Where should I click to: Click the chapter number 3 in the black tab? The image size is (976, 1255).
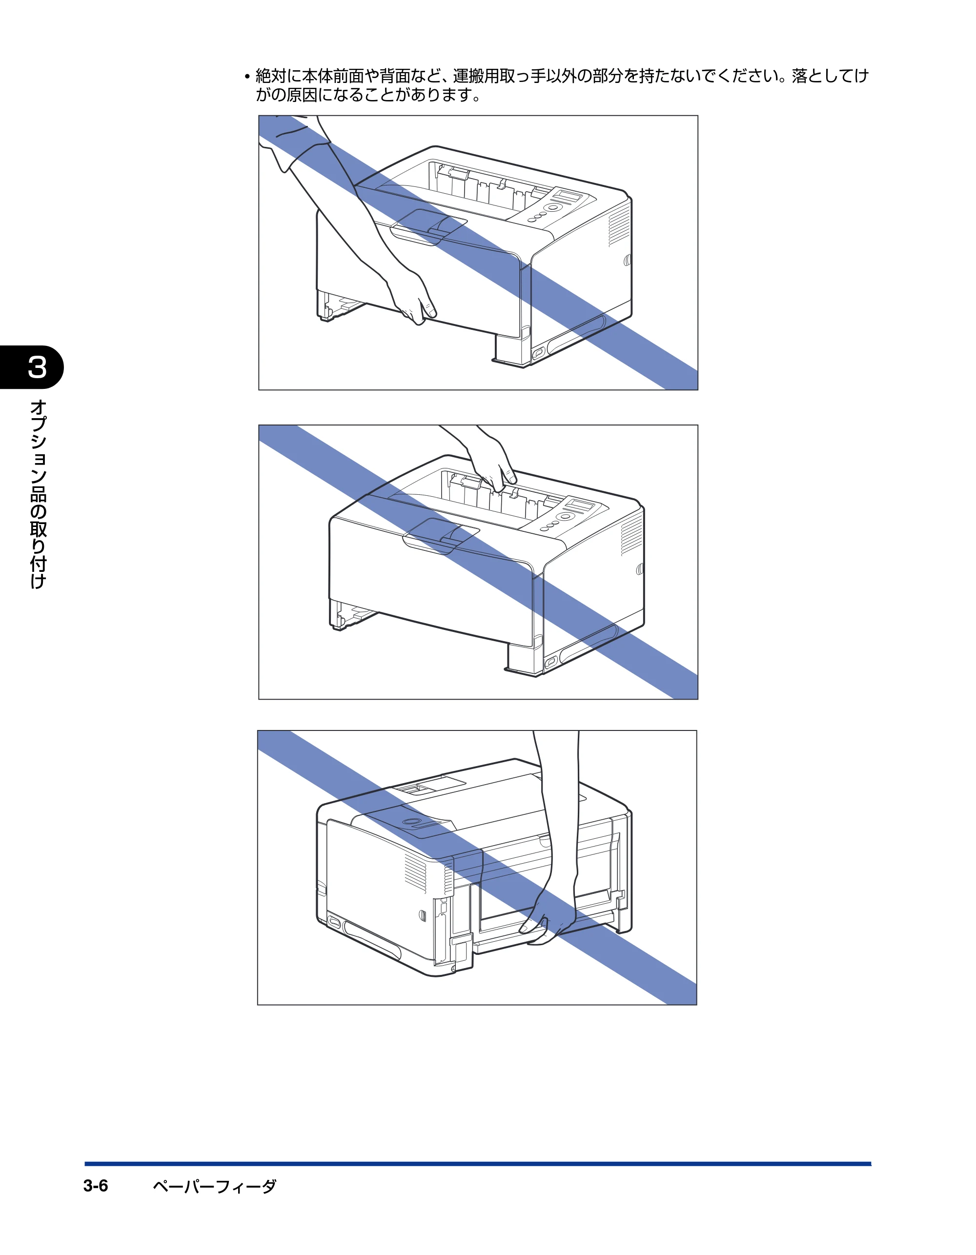pos(38,367)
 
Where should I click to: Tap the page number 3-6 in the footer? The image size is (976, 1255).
pos(96,1186)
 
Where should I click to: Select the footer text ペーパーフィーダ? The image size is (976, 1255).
pos(214,1187)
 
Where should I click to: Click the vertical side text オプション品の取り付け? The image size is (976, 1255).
pos(38,494)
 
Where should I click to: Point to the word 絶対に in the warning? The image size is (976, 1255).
pos(279,76)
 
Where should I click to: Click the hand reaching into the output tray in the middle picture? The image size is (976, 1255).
pos(491,466)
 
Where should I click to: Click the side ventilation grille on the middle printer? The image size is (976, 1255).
pos(631,534)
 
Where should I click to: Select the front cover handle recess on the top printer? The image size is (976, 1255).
pos(428,227)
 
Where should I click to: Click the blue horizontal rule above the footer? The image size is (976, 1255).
pos(478,1164)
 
